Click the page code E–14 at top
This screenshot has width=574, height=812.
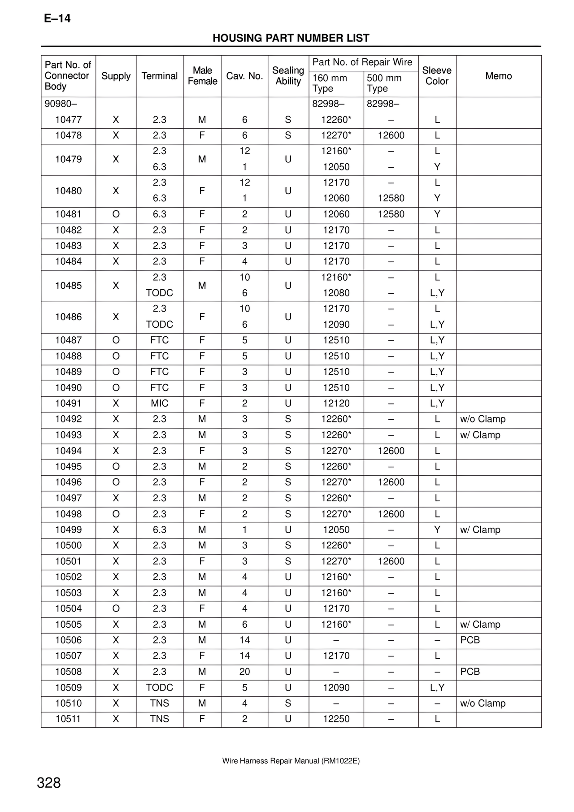(57, 18)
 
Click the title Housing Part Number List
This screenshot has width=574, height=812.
(291, 38)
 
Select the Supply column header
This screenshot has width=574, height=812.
(116, 76)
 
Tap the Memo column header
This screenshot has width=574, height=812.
(498, 76)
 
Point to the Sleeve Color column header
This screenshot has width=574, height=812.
(437, 76)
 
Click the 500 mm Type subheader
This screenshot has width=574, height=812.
(384, 83)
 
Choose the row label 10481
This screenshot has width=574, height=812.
(68, 214)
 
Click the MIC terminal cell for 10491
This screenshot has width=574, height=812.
(159, 404)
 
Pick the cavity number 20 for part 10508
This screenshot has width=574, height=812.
(244, 672)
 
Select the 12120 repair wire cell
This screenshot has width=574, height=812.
(336, 404)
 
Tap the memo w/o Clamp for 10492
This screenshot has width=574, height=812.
(483, 419)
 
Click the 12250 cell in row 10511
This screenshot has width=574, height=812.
(336, 719)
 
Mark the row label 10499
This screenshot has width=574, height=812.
(68, 530)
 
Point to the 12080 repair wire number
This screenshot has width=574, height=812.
(336, 293)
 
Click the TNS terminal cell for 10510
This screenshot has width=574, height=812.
(159, 703)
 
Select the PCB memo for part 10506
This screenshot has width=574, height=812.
(470, 640)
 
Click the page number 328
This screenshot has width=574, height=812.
(48, 783)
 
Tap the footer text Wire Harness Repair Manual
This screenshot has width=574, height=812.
(291, 761)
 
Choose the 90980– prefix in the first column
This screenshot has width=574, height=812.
(61, 104)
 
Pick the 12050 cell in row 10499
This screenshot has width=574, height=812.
(336, 530)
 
